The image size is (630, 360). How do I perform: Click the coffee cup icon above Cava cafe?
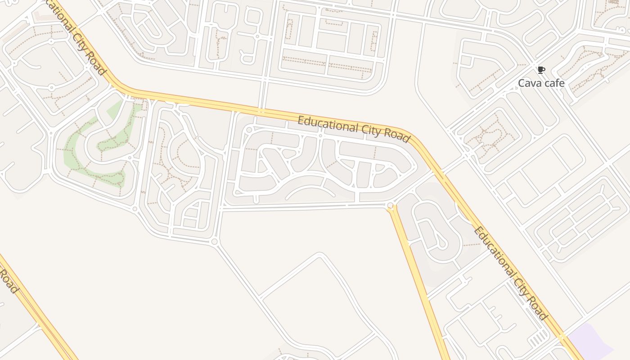(541, 70)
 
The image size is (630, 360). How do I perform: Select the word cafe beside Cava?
(554, 83)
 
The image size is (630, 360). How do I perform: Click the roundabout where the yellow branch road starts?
(390, 206)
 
